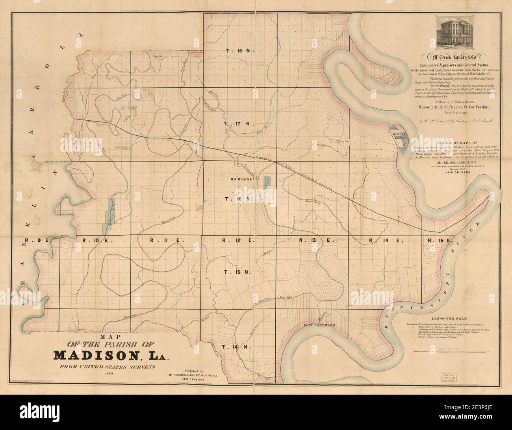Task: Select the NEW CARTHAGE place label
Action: pyautogui.click(x=319, y=325)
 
